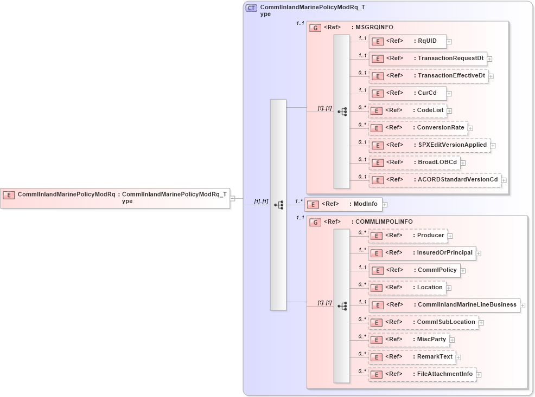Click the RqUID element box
tap(407, 41)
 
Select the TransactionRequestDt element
tap(428, 58)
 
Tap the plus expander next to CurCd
tap(449, 94)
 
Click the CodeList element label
tap(430, 110)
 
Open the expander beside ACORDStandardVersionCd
tap(504, 180)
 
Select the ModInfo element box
tap(344, 204)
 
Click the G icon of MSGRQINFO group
tap(315, 28)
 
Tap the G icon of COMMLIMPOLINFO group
tap(315, 222)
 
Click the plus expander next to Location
tap(449, 288)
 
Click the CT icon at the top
tap(251, 8)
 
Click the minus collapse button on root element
tap(232, 198)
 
